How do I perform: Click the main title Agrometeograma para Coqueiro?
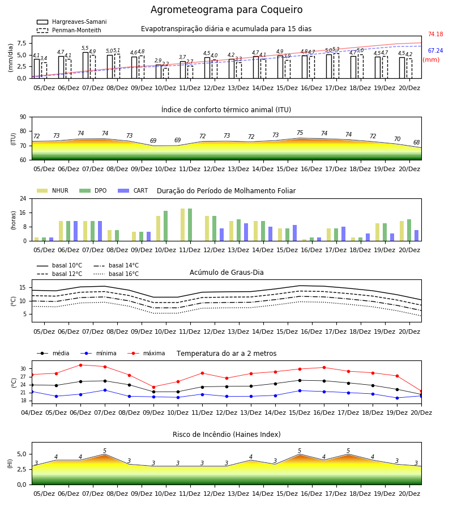(x=226, y=10)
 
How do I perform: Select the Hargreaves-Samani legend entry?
(x=71, y=22)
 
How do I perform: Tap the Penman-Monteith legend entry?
(x=69, y=30)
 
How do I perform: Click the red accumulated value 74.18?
(x=435, y=34)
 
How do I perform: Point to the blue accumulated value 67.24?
(x=435, y=51)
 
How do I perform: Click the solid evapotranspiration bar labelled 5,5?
(x=86, y=65)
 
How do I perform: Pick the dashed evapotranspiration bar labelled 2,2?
(x=166, y=73)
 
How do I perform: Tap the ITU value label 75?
(x=300, y=133)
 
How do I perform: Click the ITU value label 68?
(x=417, y=142)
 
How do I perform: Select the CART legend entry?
(x=133, y=190)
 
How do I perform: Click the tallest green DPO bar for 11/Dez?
(x=190, y=225)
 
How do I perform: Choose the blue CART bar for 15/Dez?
(x=295, y=233)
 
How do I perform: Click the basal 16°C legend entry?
(x=116, y=274)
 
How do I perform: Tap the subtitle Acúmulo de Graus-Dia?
(x=226, y=273)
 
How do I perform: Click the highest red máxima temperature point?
(x=80, y=365)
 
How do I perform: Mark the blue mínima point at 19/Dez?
(x=397, y=398)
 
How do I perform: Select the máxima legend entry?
(x=146, y=353)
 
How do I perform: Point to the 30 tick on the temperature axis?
(x=23, y=369)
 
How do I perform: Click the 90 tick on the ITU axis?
(x=23, y=117)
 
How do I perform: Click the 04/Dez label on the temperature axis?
(x=32, y=413)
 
